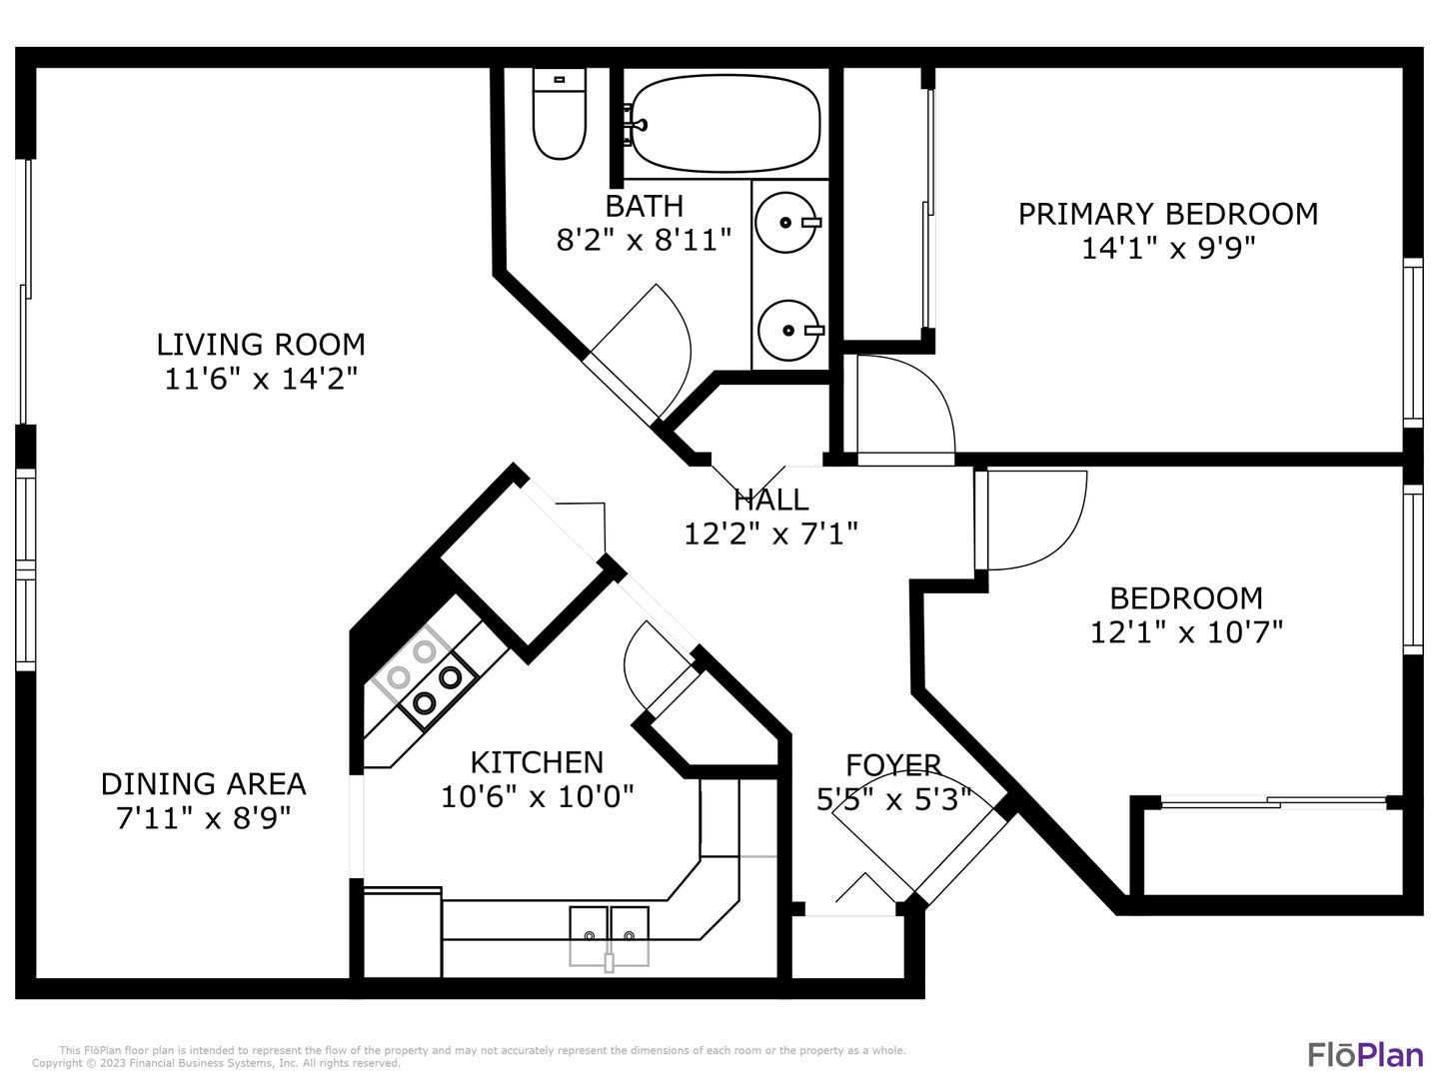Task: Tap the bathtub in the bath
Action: coord(723,123)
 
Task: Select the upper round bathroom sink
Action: coord(787,222)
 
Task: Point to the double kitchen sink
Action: coord(609,935)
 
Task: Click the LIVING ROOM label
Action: coord(261,345)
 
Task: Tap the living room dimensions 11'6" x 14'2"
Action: coord(261,379)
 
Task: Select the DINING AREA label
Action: coord(203,784)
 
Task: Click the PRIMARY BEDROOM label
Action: coord(1167,214)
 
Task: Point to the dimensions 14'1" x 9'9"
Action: coord(1167,249)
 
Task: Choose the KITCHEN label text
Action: coord(537,762)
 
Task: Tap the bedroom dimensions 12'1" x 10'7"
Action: coord(1186,632)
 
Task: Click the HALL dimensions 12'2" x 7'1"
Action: coord(770,534)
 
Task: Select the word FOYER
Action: coord(893,765)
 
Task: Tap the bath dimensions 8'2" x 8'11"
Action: coord(644,241)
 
